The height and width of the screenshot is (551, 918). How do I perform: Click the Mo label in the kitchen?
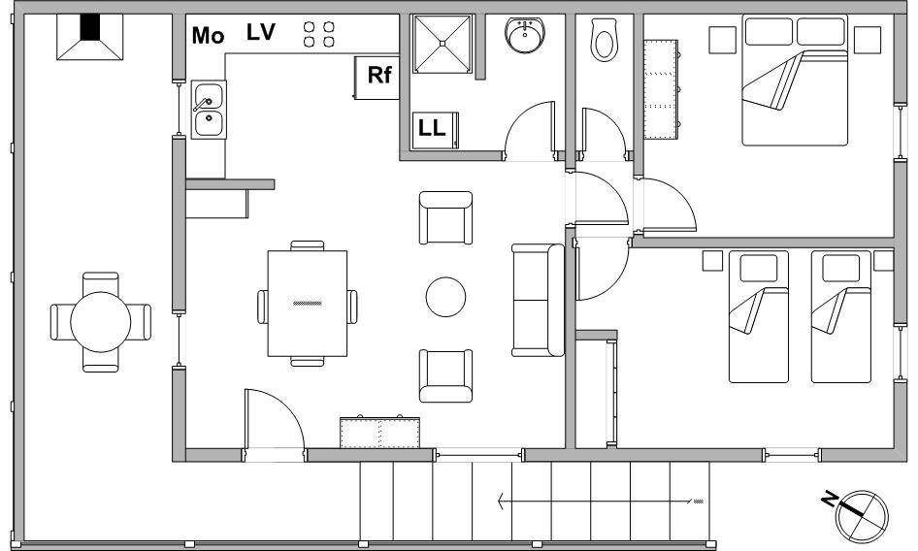pos(208,36)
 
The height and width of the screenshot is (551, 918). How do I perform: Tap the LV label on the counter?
pos(260,32)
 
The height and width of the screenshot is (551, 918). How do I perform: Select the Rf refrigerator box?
pos(377,78)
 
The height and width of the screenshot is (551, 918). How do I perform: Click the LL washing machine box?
pos(435,129)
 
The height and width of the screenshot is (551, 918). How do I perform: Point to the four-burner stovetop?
pos(319,34)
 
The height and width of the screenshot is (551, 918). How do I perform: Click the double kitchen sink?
pos(209,110)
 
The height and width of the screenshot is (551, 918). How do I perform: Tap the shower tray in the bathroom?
pos(443,44)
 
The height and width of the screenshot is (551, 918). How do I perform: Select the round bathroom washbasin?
pos(525,35)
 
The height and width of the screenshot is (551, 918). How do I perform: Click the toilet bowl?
pos(605,39)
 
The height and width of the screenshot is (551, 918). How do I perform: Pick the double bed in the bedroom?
pos(795,81)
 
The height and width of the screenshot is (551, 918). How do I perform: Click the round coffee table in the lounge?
pos(445,297)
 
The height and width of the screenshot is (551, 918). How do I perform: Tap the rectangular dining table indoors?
pos(308,304)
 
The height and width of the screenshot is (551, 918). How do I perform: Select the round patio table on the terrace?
pos(101,322)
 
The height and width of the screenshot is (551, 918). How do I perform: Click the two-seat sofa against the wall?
pos(538,301)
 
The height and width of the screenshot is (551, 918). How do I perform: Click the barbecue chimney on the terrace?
pos(90,37)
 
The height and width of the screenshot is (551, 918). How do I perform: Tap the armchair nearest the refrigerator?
pos(445,218)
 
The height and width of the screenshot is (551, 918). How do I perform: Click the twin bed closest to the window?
pos(840,317)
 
